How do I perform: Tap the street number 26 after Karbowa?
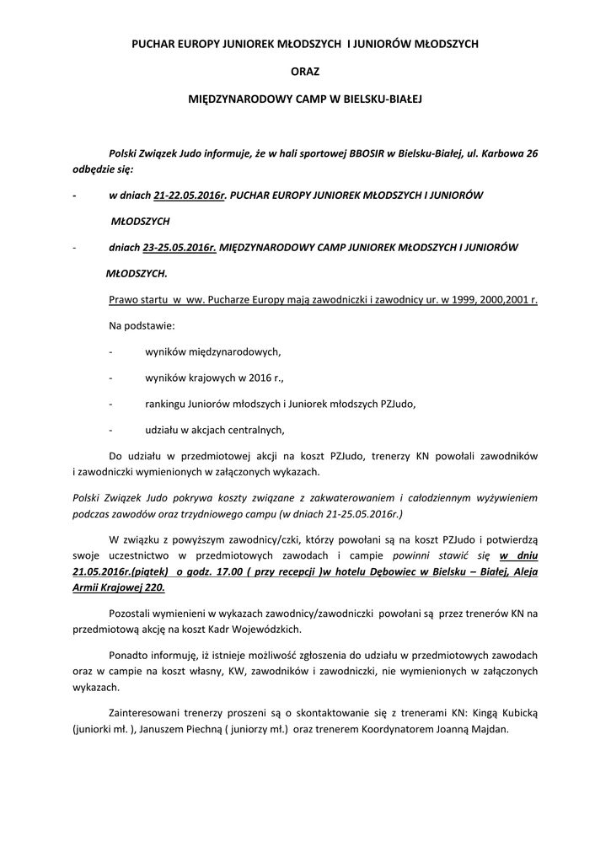531,153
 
